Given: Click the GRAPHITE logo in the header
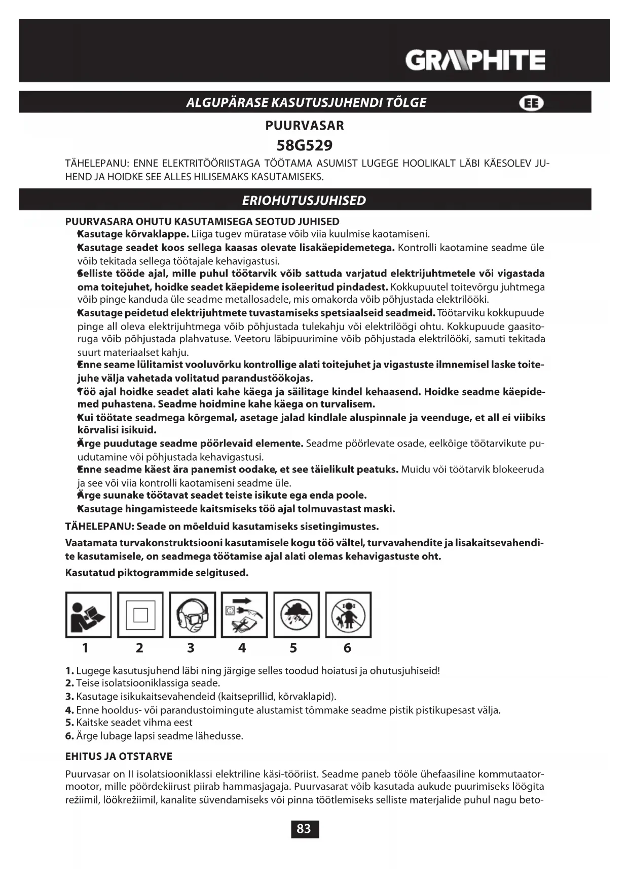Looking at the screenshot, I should point(475,60).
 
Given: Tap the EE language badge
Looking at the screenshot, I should point(531,103).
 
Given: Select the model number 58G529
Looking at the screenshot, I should point(305,145).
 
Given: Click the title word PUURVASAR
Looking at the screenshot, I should point(305,126).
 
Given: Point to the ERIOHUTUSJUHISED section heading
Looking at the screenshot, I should point(304,200).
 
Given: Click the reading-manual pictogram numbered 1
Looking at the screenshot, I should point(88,615).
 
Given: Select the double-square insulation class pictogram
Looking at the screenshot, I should point(140,615).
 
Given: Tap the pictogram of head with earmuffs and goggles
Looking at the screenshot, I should point(193,615).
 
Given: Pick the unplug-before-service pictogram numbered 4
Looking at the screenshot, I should point(244,615).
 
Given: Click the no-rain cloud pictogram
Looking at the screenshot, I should point(297,615).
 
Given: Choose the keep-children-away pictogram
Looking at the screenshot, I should point(348,615).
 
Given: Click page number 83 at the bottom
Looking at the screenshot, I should point(304,829).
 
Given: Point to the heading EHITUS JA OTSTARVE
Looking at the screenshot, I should point(119,756).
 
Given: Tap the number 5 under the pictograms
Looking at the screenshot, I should point(293,648).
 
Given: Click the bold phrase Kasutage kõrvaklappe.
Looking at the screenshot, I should point(133,234).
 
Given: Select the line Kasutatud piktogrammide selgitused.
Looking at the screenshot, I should point(157,573).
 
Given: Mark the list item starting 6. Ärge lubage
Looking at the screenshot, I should point(154,736).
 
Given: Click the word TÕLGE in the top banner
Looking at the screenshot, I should point(406,102).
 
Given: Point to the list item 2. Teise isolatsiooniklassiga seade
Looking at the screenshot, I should point(142,683).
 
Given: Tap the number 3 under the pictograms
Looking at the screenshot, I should point(191,648).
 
